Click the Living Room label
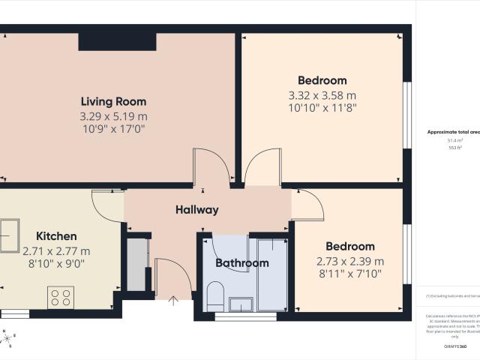click(113, 101)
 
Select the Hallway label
click(197, 210)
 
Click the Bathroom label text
click(241, 263)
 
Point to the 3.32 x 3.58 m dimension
click(322, 95)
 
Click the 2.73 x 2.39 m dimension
click(349, 261)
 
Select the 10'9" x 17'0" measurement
click(113, 129)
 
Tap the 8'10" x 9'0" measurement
click(56, 264)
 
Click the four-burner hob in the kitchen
click(60, 298)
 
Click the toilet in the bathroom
click(214, 294)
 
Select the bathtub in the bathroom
click(271, 274)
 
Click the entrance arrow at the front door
click(174, 301)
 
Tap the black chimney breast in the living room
click(117, 42)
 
